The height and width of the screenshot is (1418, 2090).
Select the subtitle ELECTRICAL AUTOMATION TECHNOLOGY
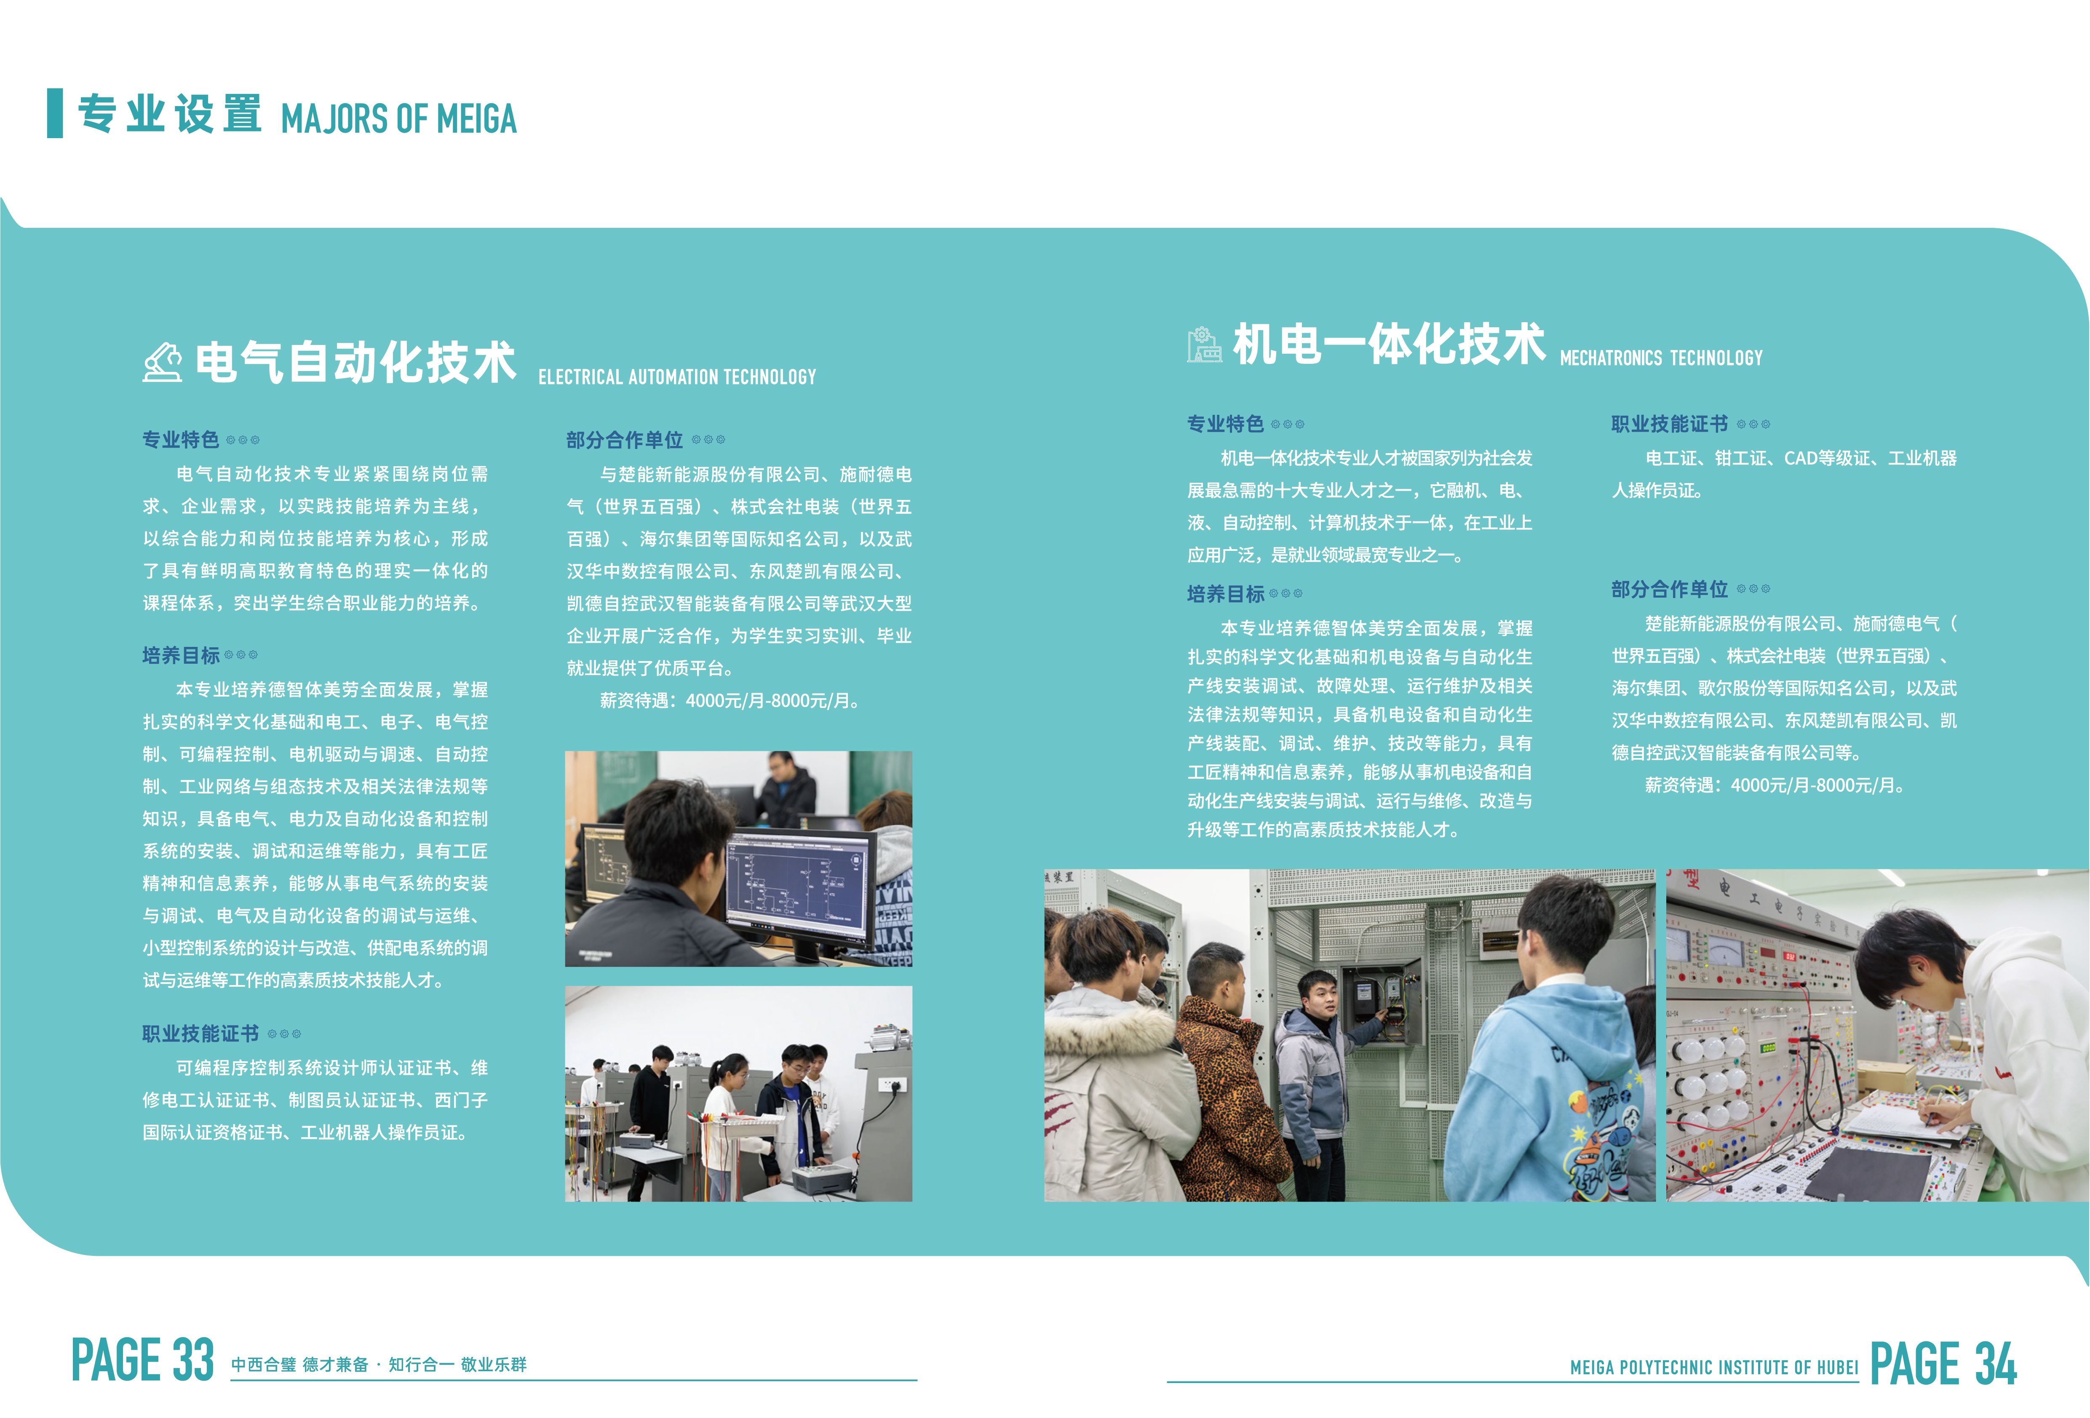(677, 377)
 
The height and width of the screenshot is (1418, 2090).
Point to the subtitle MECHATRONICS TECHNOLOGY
(1661, 358)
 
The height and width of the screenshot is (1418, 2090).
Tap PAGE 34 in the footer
(1943, 1363)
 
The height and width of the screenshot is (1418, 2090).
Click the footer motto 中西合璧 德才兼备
(299, 1364)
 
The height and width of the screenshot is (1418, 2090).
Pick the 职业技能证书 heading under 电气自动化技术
(200, 1033)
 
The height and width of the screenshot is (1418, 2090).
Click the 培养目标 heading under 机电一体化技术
(1226, 593)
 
